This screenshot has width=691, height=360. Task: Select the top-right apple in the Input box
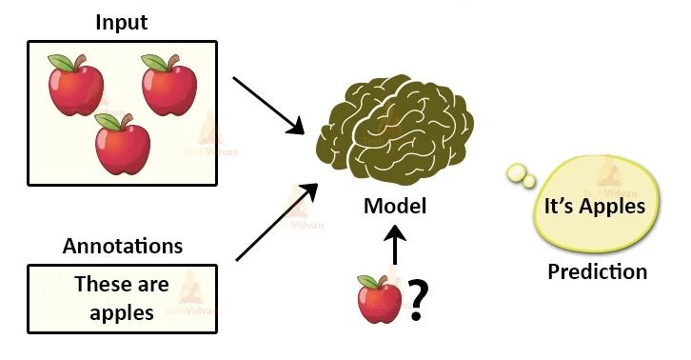tap(168, 87)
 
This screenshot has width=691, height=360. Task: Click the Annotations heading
tap(123, 246)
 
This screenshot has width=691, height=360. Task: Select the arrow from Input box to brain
tap(267, 104)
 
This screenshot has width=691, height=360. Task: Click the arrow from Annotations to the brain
tap(277, 220)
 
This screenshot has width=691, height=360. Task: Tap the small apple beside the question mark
tap(380, 301)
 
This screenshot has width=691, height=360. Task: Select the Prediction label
tap(597, 271)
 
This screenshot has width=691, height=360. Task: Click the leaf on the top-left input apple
tap(64, 62)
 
